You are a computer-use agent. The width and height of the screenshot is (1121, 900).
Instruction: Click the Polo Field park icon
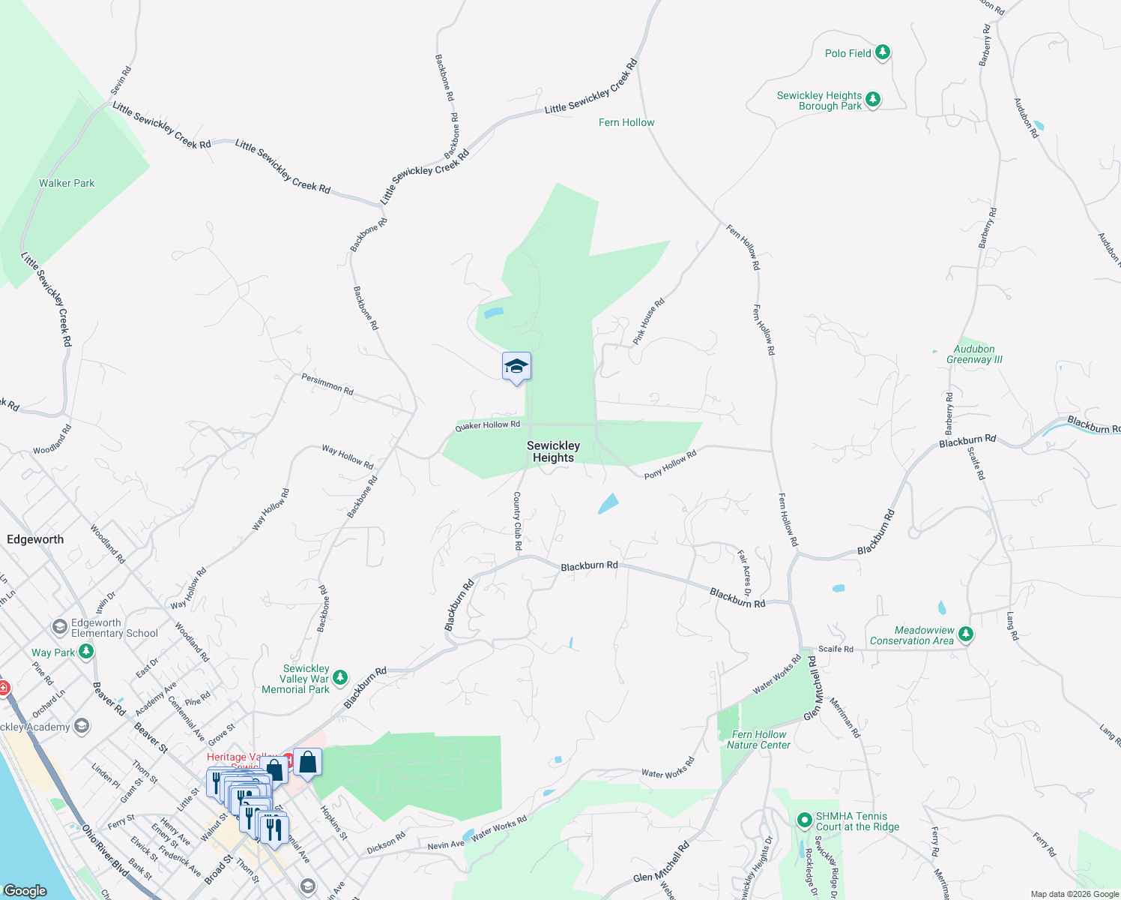pos(883,52)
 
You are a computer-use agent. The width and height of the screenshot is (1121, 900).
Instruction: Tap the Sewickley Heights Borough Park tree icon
pos(872,100)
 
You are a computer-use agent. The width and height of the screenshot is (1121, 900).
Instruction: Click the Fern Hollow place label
pos(626,122)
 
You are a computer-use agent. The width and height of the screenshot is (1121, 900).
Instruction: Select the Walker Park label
pos(67,183)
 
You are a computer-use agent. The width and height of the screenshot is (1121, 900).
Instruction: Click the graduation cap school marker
pos(516,367)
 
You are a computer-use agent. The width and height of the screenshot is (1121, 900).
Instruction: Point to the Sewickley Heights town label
pos(553,451)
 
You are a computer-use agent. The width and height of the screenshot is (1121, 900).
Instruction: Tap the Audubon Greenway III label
pos(974,354)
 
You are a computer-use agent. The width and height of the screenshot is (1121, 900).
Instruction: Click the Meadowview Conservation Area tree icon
pos(966,634)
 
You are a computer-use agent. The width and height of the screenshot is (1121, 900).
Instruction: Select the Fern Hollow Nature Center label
pos(758,739)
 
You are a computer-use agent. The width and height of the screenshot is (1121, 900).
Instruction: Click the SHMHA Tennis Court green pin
pos(804,820)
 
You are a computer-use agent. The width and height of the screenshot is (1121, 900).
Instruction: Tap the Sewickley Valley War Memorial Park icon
pos(340,678)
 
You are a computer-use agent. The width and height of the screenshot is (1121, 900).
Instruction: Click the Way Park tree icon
pos(86,652)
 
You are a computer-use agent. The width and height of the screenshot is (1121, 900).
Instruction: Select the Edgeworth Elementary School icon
pos(60,626)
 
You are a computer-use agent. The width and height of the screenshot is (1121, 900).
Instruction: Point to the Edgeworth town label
pos(35,539)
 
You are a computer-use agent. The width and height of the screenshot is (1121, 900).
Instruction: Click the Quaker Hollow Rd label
pos(488,426)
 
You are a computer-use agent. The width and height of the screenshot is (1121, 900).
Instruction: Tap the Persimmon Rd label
pos(327,383)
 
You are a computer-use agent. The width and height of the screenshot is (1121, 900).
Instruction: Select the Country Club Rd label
pos(517,520)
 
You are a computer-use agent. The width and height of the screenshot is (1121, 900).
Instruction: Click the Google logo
pos(25,890)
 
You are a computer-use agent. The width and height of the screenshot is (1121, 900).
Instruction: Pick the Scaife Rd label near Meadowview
pos(836,649)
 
